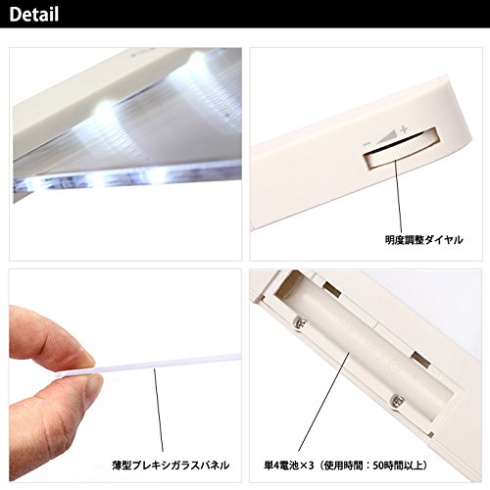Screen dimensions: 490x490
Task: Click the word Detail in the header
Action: coord(34,15)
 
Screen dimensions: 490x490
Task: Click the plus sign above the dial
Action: coord(404,129)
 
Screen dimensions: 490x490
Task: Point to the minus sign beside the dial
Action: coord(367,144)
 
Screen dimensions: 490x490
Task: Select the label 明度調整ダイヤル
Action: coord(423,240)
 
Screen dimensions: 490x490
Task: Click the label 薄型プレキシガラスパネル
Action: coord(171,465)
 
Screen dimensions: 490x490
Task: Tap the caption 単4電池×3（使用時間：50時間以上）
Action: coord(346,465)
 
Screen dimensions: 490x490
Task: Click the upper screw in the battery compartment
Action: coord(302,323)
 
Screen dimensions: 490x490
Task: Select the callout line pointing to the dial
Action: coord(398,196)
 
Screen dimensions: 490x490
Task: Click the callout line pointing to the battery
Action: coord(324,402)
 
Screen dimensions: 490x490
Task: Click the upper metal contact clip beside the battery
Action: coord(332,288)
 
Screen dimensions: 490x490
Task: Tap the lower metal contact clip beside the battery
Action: coord(420,360)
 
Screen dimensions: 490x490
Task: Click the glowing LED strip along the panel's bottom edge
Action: coord(127,178)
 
